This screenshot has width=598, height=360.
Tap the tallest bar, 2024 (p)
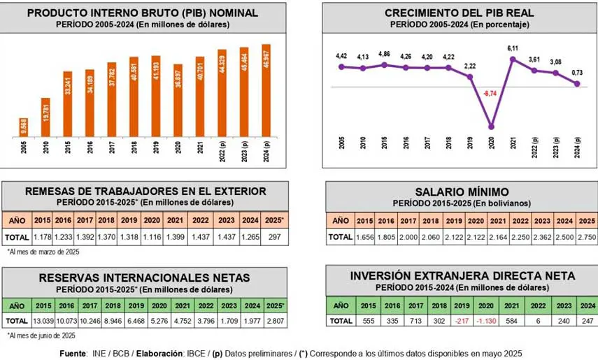coord(266,89)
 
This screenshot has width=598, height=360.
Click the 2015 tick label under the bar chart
coord(67,150)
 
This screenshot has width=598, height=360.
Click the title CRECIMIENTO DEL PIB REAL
coord(459,13)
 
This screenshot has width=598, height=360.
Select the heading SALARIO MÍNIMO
coord(461,192)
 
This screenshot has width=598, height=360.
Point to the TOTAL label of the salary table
coord(341,237)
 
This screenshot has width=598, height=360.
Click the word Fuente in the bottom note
coord(76,352)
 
